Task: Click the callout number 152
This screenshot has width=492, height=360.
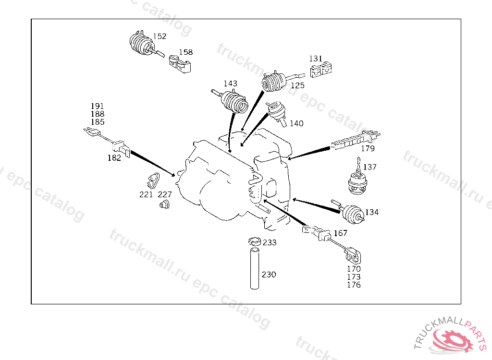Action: pyautogui.click(x=160, y=36)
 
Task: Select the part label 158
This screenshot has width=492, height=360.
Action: pyautogui.click(x=186, y=52)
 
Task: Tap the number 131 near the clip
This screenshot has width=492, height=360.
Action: pyautogui.click(x=316, y=59)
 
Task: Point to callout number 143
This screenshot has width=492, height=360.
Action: pyautogui.click(x=230, y=84)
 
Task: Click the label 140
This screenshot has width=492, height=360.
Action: pyautogui.click(x=296, y=123)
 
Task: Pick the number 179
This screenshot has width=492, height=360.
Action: pyautogui.click(x=368, y=148)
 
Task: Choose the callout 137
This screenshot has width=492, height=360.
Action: pyautogui.click(x=370, y=168)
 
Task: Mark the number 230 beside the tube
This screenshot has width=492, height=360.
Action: pyautogui.click(x=269, y=275)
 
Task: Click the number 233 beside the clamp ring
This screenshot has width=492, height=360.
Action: pyautogui.click(x=270, y=243)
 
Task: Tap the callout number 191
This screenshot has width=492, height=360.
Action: pyautogui.click(x=98, y=106)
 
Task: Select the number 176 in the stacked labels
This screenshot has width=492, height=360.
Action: pyautogui.click(x=354, y=285)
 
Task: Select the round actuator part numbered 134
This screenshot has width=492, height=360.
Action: pyautogui.click(x=352, y=213)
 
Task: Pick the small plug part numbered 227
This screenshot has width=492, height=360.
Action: pyautogui.click(x=164, y=206)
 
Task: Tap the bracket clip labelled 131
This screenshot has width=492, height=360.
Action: pyautogui.click(x=322, y=71)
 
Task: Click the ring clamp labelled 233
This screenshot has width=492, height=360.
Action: pyautogui.click(x=254, y=240)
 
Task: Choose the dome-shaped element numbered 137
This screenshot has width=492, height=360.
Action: pyautogui.click(x=357, y=185)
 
